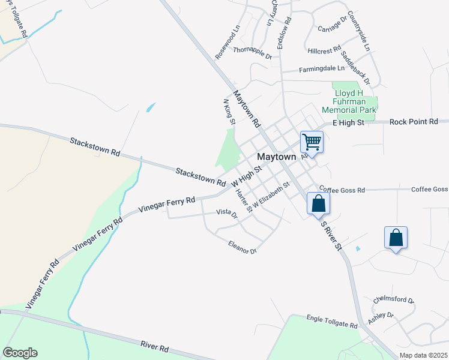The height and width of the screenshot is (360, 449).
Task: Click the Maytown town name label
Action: [x=277, y=157]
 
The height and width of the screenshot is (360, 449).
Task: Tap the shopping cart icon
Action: [x=312, y=143]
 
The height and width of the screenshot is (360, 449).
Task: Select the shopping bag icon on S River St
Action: [x=318, y=203]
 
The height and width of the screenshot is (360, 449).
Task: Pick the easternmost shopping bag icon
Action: [x=396, y=238]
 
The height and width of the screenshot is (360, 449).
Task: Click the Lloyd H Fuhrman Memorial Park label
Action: [x=349, y=101]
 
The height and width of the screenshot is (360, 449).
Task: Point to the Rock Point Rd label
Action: [x=414, y=122]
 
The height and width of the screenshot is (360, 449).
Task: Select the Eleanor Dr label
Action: [x=243, y=247]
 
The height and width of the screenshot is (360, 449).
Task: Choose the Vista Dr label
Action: [x=227, y=212]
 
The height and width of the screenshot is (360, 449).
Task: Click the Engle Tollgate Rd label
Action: [x=332, y=322]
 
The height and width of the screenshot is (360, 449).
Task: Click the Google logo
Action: [x=20, y=353]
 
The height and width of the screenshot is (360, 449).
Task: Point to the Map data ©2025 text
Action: [x=424, y=355]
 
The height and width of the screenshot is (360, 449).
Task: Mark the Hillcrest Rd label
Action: [x=324, y=49]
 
